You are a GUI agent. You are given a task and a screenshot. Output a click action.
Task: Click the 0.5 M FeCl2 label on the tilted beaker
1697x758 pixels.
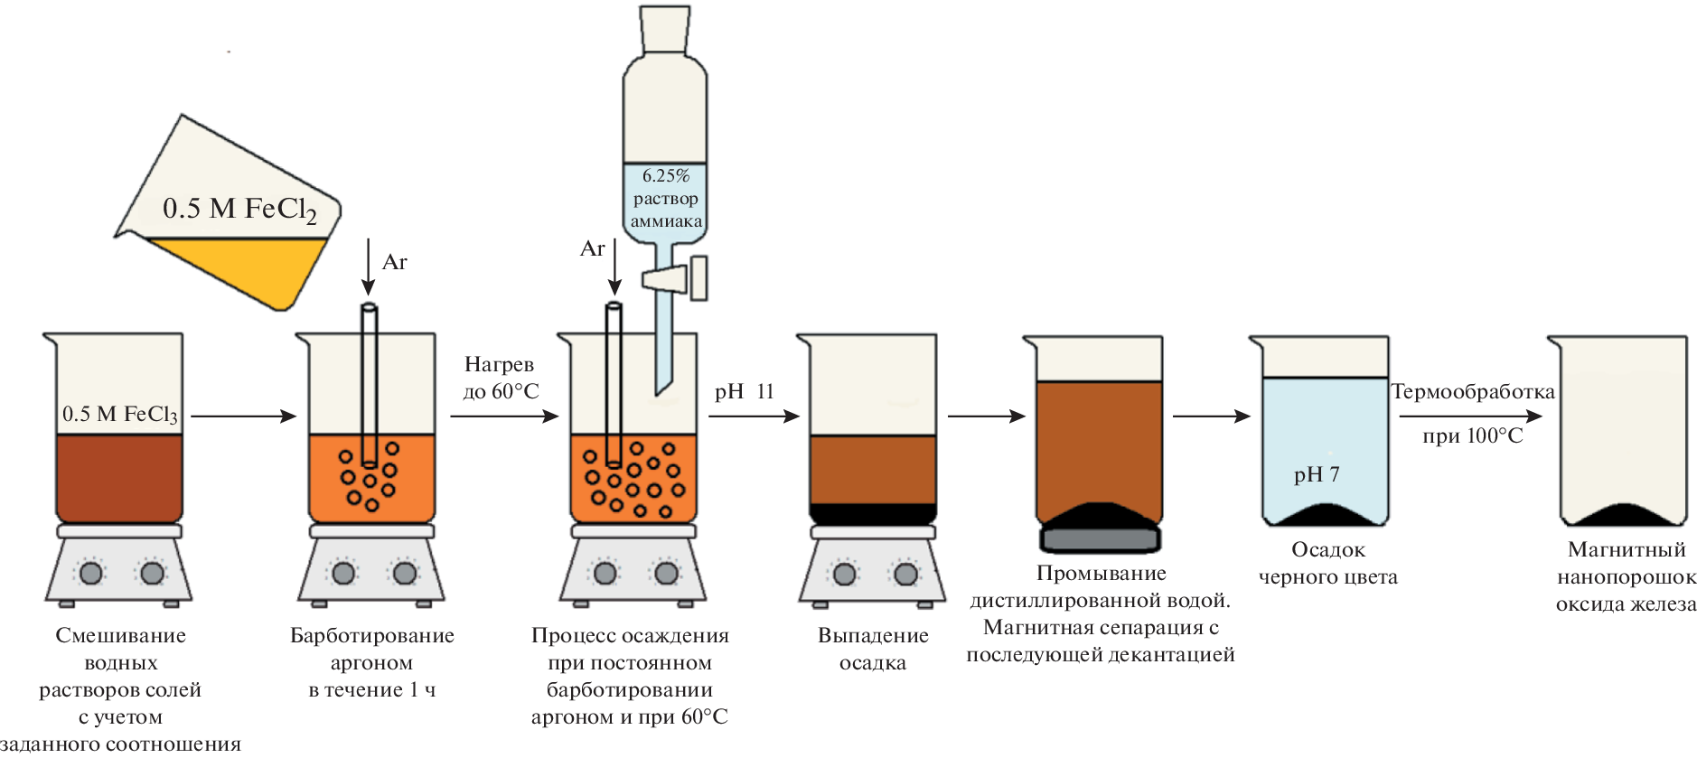click(x=239, y=210)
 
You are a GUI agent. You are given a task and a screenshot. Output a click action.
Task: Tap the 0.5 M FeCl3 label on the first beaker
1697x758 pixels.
click(x=119, y=414)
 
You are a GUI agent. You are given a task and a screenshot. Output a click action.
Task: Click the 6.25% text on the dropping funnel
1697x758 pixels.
click(x=665, y=175)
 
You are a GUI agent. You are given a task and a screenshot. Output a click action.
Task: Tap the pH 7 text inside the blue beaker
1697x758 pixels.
click(x=1317, y=474)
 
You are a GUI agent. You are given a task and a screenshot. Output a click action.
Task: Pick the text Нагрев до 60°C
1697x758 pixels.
click(x=501, y=378)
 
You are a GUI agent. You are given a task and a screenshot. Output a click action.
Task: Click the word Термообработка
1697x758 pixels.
click(x=1473, y=391)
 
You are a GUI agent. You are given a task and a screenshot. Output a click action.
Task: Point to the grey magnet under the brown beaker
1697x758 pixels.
click(x=1100, y=539)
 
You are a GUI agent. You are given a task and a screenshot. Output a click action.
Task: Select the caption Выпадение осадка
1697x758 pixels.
click(x=873, y=649)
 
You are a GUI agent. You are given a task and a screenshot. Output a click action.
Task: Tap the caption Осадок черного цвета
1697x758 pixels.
click(x=1327, y=563)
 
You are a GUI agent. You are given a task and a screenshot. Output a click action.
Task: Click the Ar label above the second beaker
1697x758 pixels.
click(x=395, y=262)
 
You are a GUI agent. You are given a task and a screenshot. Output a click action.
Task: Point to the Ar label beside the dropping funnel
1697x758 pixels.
click(x=592, y=248)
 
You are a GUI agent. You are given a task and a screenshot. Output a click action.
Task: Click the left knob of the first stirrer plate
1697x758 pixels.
click(x=91, y=573)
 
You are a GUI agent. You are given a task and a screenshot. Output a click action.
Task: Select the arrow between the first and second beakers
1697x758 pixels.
click(x=243, y=416)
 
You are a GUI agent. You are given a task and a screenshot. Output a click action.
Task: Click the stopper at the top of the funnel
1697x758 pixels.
click(x=665, y=29)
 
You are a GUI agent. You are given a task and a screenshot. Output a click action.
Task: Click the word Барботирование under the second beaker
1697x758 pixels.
click(x=371, y=635)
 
